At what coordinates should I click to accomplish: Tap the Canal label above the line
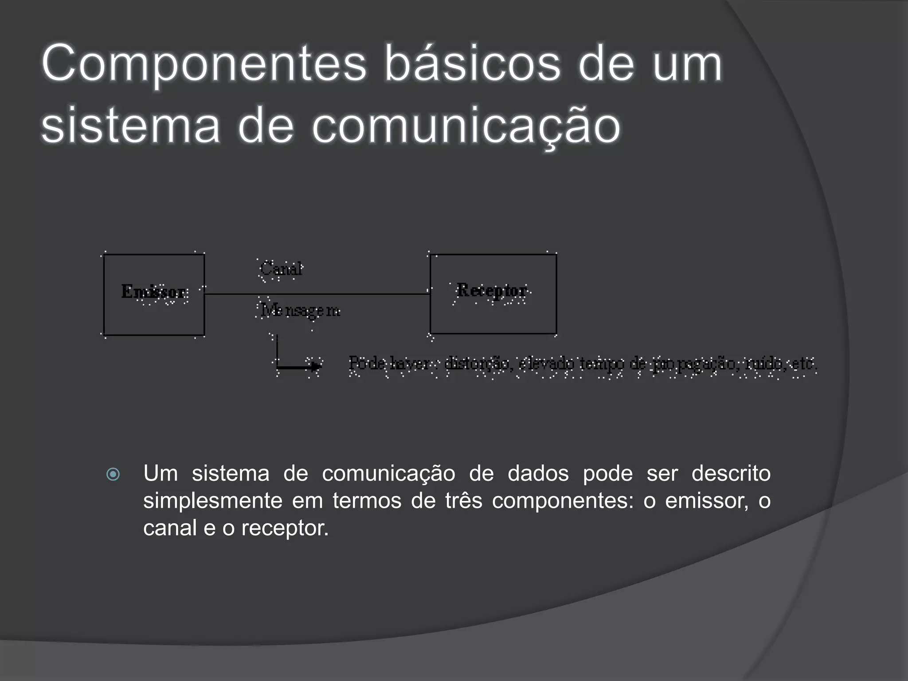point(281,269)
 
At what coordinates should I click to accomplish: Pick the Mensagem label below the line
point(300,310)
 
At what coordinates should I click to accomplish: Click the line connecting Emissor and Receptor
point(317,294)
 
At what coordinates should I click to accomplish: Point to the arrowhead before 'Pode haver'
point(316,366)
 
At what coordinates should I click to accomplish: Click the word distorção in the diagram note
point(476,364)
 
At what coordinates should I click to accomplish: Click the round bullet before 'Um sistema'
point(113,474)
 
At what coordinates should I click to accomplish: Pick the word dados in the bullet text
point(538,473)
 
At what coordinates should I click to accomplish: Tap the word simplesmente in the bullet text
point(213,501)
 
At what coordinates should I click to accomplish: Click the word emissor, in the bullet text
point(707,501)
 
